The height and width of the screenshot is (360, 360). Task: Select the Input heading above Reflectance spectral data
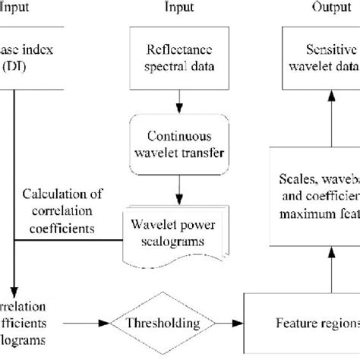[180, 8]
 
